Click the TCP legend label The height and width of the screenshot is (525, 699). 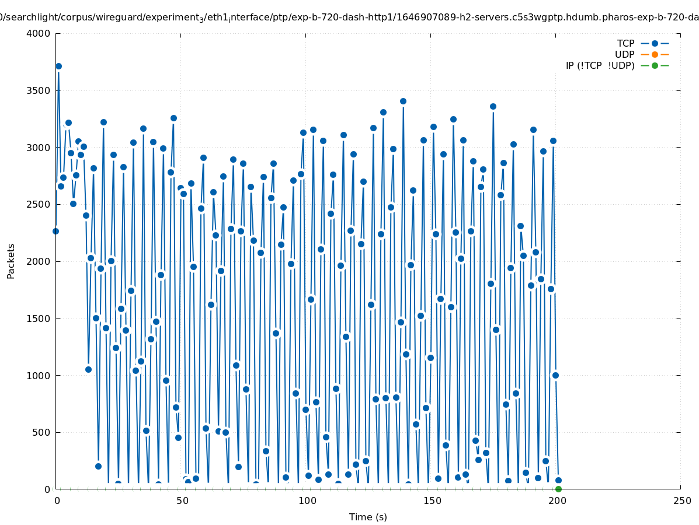pos(625,44)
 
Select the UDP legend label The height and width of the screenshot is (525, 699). pos(624,55)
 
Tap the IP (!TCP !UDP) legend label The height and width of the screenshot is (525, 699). pos(600,66)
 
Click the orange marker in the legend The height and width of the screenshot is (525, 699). pos(655,55)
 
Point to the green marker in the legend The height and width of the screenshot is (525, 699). pos(655,66)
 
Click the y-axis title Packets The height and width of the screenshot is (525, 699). pos(11,261)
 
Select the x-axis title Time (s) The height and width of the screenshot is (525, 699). pos(368,517)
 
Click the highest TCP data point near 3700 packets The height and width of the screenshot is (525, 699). pos(58,66)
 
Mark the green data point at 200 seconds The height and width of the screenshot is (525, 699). pos(558,489)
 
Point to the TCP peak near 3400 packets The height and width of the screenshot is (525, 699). pos(403,101)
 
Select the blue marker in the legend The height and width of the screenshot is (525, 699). pos(655,44)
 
